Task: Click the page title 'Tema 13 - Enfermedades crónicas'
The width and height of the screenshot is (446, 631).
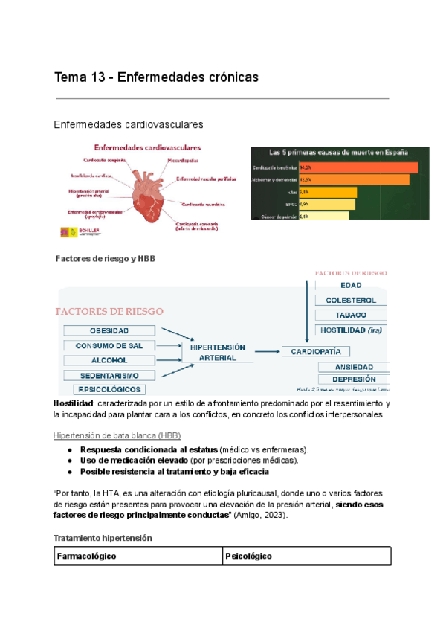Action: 156,77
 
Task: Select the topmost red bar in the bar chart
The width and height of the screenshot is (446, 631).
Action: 358,167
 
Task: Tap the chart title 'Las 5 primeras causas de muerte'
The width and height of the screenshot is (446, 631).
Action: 339,153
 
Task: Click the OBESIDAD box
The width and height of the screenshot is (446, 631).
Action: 109,330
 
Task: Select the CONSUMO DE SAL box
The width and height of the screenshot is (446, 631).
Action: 109,345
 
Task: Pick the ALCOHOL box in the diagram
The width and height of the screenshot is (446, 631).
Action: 109,360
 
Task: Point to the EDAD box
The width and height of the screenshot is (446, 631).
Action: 351,285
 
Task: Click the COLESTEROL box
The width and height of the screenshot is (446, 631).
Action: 351,300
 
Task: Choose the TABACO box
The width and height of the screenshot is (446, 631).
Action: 351,315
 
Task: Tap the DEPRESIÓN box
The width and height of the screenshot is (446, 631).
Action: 353,379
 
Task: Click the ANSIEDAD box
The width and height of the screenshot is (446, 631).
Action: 353,366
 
